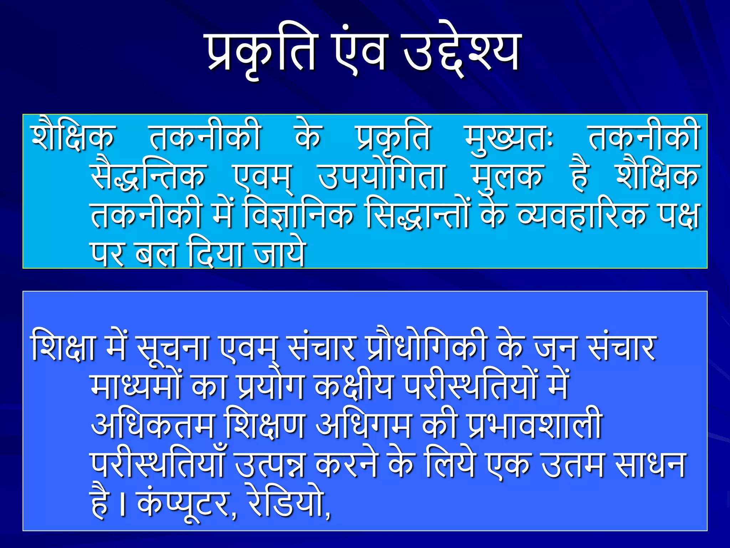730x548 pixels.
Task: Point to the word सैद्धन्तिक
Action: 148,177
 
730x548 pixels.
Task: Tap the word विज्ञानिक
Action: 299,215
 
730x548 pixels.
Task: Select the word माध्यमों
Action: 137,387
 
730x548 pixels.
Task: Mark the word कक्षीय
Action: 354,387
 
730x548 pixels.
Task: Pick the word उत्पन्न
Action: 270,465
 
